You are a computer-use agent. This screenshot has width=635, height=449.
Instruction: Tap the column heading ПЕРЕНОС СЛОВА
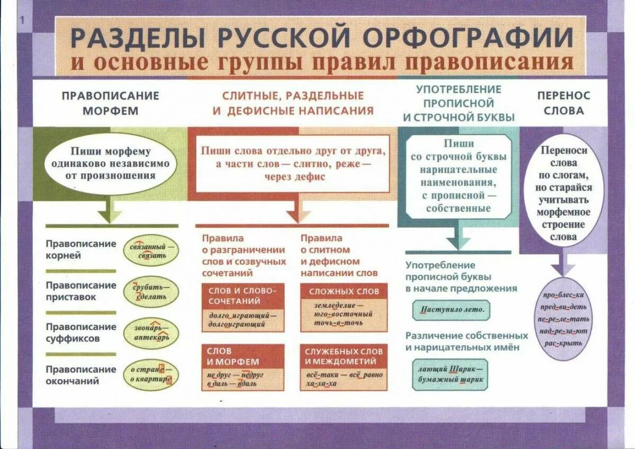pos(563,103)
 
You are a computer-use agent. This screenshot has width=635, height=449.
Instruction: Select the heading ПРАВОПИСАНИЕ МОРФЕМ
pos(110,103)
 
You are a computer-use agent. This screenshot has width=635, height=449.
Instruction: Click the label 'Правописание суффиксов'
pos(80,333)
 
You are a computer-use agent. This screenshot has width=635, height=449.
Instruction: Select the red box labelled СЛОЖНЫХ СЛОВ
pos(344,291)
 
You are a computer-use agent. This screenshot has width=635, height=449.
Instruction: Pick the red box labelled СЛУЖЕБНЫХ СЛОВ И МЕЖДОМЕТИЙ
pos(344,356)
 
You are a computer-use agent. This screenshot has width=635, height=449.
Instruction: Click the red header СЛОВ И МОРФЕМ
pos(243,356)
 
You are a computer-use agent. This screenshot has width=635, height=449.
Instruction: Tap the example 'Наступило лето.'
pos(451,310)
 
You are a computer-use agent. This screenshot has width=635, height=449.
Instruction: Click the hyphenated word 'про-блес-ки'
pos(563,295)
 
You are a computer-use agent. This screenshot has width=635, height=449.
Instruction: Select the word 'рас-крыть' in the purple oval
pos(563,343)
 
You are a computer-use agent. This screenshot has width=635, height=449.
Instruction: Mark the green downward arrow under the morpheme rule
pos(110,212)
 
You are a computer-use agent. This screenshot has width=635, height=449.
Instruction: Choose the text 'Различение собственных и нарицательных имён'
pos(467,342)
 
